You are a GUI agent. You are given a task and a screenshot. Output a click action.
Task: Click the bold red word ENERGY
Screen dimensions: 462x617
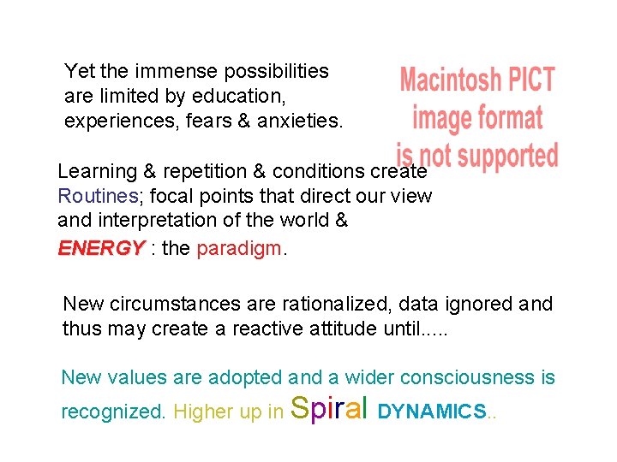pos(100,249)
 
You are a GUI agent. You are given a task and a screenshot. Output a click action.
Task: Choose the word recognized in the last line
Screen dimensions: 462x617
pos(113,412)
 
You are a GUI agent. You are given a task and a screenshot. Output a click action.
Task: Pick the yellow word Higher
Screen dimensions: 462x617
pos(200,412)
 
